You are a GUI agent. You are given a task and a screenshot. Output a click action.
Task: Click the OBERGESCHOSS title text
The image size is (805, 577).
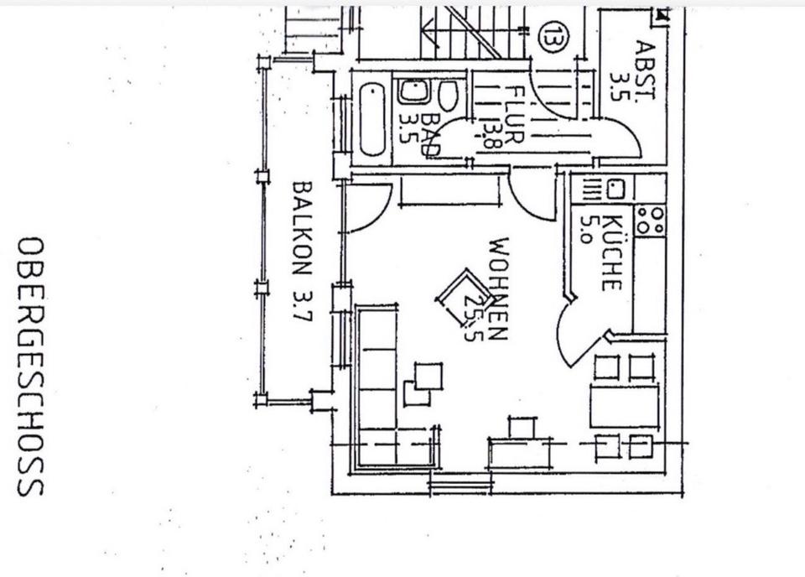coord(30,366)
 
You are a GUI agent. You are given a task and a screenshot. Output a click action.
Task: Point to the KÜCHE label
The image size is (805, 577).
coord(611,252)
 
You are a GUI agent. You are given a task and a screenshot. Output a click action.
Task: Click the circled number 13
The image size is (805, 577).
coord(549,37)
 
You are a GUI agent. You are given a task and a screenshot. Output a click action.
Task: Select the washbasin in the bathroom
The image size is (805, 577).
coord(413,91)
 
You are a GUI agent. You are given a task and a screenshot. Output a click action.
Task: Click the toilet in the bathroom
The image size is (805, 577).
coord(449,95)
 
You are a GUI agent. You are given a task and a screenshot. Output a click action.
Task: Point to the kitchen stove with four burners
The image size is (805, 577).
coord(650,221)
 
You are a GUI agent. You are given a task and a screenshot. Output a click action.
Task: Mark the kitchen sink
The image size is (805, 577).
coord(615,190)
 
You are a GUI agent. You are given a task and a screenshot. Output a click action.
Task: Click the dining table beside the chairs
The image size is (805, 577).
coord(624,406)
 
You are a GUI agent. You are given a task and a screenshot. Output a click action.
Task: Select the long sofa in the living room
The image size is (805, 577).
coord(377,385)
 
